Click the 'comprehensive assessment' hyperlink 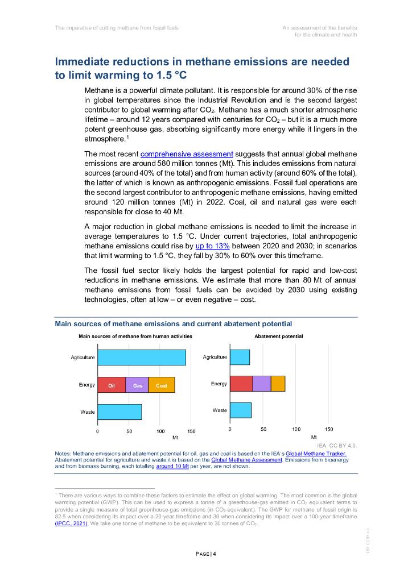(187, 154)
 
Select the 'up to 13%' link (212, 246)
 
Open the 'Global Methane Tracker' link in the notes (316, 453)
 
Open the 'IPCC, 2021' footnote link (71, 523)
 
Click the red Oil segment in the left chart (112, 385)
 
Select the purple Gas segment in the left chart (137, 385)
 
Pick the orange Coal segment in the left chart (162, 385)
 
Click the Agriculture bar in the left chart (142, 357)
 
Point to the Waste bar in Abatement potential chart (241, 410)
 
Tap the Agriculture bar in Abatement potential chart (240, 357)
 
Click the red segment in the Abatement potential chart (241, 384)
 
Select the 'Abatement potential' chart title (279, 336)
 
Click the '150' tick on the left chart (192, 431)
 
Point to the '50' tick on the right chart (263, 429)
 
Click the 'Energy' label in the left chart (87, 385)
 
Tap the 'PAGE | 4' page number (206, 554)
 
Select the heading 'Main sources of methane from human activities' (135, 336)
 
